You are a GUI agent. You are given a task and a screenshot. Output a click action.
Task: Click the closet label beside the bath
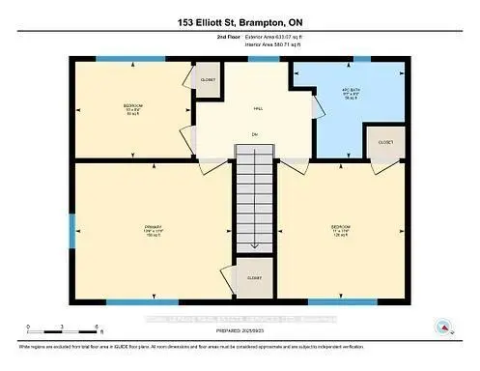pyautogui.click(x=384, y=141)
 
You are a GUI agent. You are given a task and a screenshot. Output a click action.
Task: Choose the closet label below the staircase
pyautogui.click(x=254, y=277)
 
